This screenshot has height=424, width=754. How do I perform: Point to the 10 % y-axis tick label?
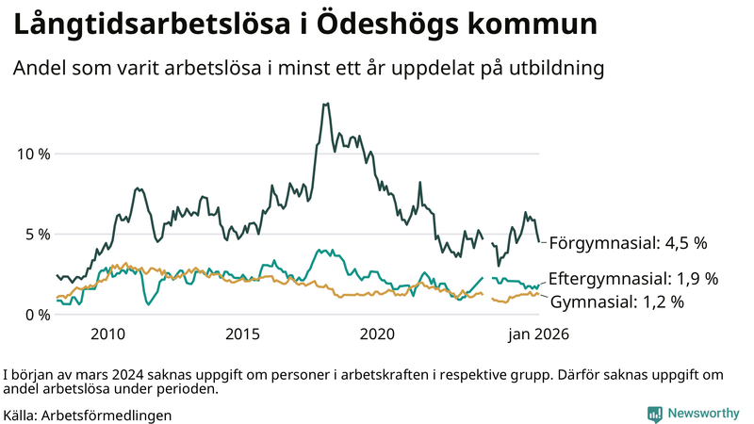pos(32,154)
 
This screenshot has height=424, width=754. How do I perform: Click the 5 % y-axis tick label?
pos(36,234)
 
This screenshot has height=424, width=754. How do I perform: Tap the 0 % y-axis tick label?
pos(36,315)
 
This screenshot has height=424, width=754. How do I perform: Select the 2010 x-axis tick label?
pos(107,334)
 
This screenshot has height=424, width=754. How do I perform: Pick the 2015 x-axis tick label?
pos(242,334)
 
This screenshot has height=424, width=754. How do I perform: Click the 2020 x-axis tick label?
pos(377,334)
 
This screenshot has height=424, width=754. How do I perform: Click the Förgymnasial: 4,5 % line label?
pos(628,243)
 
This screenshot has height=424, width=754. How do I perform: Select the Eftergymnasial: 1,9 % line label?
pos(633,279)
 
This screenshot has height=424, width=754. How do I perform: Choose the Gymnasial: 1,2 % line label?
pos(616,302)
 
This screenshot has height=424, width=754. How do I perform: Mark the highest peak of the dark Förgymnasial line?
pos(325,104)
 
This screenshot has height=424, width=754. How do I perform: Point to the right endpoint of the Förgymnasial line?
pos(539,242)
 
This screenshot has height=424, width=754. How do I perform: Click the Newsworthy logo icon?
pos(654,414)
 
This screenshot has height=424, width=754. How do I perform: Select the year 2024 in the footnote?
pos(111,373)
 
